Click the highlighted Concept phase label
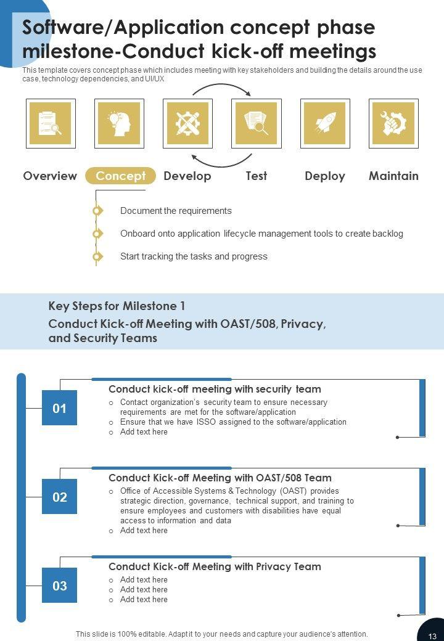coord(120,176)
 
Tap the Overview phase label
coord(50,176)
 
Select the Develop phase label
coord(187,176)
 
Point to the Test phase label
coord(256,176)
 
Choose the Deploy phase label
coord(325,176)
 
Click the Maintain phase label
coord(393,176)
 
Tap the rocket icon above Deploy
coord(325,123)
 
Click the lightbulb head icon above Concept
coord(120,123)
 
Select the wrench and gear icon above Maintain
coord(393,123)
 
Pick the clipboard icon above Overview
coord(51,123)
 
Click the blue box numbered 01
coord(59,408)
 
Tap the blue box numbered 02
coord(59,497)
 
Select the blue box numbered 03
coord(59,586)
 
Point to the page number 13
coord(432,635)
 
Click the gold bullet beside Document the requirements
coord(97,211)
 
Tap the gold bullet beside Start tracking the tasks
coord(97,256)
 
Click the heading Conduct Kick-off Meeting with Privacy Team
coord(215,566)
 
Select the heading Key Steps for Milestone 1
coord(117,306)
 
